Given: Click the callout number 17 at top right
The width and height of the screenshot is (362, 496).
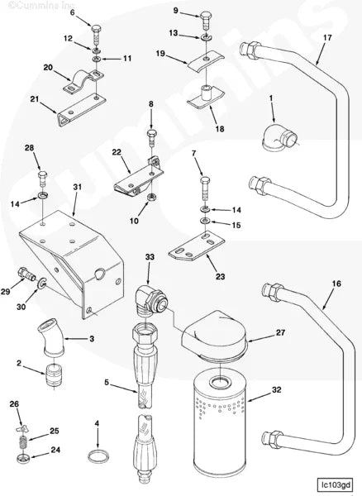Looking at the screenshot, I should (327, 37).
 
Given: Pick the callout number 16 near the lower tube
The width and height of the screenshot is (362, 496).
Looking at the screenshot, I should (336, 283).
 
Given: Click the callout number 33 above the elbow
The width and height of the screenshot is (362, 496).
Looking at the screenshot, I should (150, 257).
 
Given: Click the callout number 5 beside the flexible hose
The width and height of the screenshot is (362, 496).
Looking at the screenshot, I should (107, 383).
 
